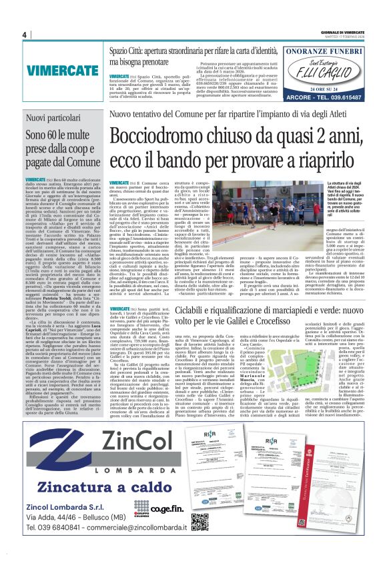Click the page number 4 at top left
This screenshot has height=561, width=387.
click(24, 35)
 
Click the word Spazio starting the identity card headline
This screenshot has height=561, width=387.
click(122, 50)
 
